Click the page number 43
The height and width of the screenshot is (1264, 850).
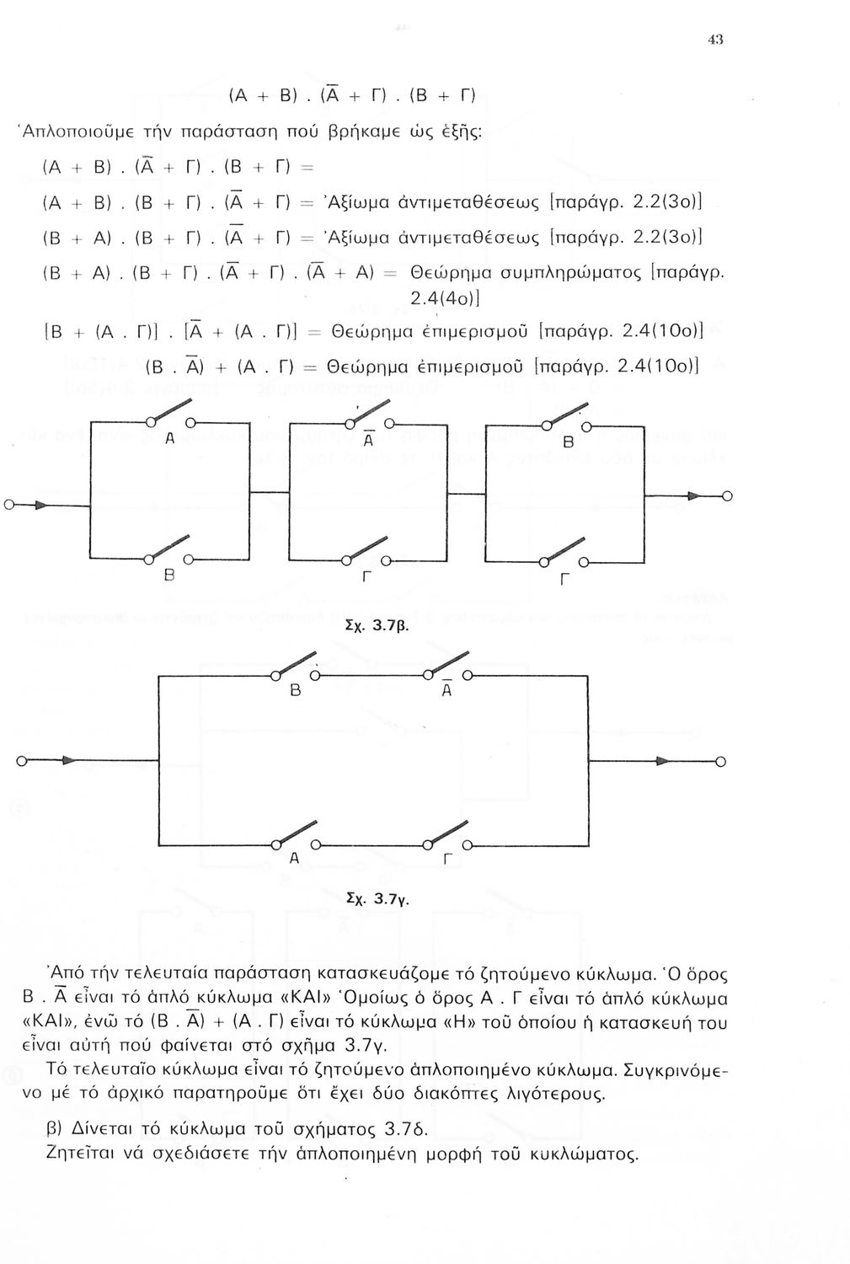717,40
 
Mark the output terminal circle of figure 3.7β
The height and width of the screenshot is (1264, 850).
726,495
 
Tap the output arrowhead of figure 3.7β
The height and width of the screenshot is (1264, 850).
695,495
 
